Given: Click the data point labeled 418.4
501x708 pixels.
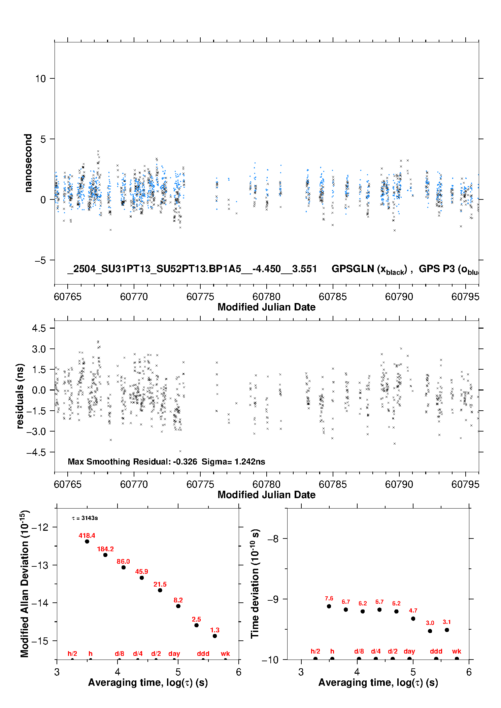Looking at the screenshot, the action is click(87, 541).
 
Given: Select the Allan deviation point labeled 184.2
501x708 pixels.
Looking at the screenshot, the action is click(105, 555).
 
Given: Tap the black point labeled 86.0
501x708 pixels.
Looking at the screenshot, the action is click(124, 567).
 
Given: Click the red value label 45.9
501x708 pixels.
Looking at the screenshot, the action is click(141, 571).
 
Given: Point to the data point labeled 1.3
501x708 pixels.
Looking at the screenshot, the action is click(215, 636).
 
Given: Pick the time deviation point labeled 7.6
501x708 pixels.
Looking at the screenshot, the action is click(329, 606).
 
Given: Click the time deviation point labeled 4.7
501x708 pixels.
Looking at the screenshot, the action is click(413, 619).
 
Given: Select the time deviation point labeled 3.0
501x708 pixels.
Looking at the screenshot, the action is click(430, 631).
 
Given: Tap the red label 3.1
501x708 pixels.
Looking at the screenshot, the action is click(447, 622).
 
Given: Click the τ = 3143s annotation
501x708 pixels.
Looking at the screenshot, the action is click(85, 518).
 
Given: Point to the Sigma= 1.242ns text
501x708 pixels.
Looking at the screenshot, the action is click(233, 461).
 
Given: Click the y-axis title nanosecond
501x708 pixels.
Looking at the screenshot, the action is click(28, 163).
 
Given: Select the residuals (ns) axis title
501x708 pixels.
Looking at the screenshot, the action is click(20, 396).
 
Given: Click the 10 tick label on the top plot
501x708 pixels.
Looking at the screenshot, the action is click(40, 78).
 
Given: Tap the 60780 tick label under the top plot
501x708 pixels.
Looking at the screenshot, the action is click(266, 297).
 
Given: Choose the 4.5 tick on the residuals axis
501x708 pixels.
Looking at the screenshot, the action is click(39, 328).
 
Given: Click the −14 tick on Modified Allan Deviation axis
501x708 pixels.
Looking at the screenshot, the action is click(40, 603).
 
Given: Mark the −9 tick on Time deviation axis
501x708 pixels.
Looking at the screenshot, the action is click(273, 599).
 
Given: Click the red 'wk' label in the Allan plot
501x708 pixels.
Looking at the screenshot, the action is click(225, 654).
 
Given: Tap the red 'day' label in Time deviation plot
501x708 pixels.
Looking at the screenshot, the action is click(409, 651).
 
